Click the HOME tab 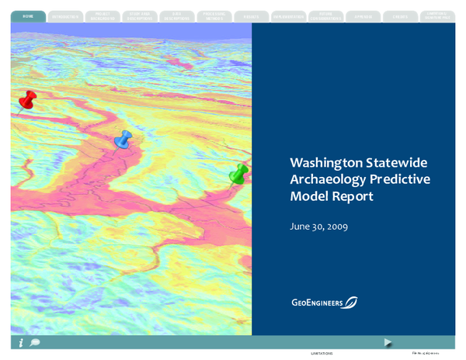[x=28, y=15]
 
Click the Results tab [x=250, y=16]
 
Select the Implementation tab [x=287, y=16]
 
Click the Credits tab [x=400, y=16]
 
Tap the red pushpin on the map [x=27, y=99]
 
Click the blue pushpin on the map [x=123, y=140]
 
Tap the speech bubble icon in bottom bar [x=35, y=342]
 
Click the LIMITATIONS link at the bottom [x=321, y=353]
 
